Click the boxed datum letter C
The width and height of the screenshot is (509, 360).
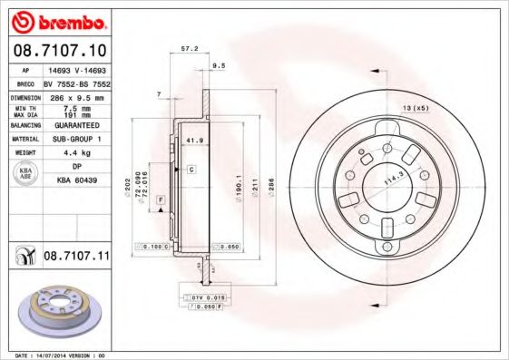click(x=192, y=170)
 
